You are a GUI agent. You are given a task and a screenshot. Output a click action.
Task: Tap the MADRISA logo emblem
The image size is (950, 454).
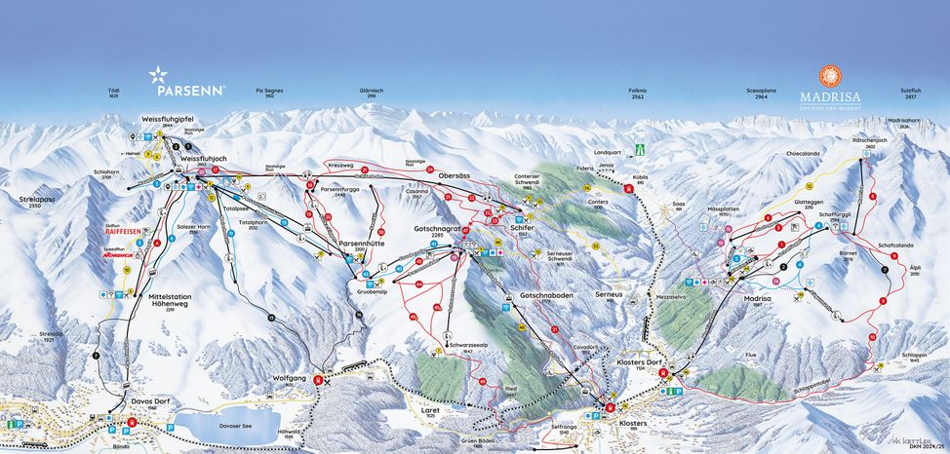tap(829, 76)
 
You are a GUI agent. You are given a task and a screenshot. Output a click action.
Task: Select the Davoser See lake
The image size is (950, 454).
tap(225, 424)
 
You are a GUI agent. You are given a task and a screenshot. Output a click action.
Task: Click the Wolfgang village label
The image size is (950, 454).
tap(290, 378)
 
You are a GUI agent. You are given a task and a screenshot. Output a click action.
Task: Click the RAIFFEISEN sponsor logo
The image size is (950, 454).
tap(127, 231)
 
